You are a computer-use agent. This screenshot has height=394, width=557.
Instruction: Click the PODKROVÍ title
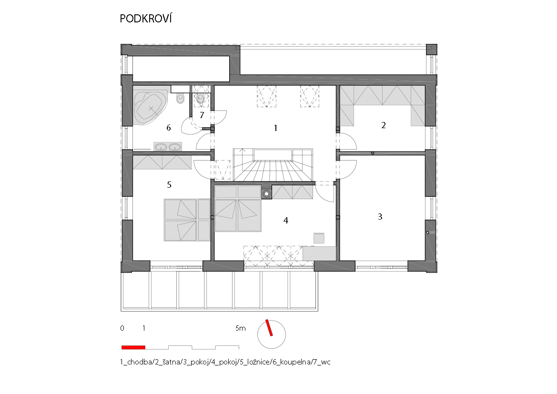146,19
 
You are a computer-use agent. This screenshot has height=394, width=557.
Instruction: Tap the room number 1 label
275,128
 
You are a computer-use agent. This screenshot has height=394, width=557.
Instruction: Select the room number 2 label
383,125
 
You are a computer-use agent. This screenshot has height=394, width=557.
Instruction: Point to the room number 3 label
380,216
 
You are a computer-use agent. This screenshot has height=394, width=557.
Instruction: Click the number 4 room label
285,220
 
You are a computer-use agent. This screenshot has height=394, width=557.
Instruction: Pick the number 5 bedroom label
169,184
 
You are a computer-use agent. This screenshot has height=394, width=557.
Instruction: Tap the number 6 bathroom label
168,128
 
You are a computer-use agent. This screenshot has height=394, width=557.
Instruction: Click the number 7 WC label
202,115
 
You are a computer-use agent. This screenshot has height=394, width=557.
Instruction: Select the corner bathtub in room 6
150,107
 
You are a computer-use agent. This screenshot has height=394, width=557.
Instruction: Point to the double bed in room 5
187,220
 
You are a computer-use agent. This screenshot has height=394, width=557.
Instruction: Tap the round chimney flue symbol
266,193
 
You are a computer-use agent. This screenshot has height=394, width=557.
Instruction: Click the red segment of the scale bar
133,347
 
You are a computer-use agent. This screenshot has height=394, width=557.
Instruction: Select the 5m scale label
241,328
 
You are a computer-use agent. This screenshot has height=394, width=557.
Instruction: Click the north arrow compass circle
272,334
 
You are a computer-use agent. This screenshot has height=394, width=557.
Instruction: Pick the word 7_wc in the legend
322,362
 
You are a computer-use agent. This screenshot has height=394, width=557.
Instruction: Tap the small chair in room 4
319,238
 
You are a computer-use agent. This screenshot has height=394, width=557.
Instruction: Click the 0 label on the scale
122,328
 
